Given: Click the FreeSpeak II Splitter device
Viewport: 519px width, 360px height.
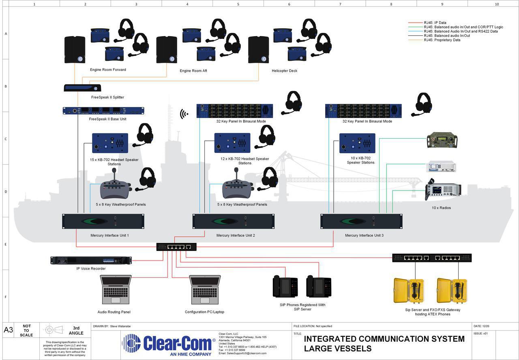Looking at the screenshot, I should [x=82, y=88].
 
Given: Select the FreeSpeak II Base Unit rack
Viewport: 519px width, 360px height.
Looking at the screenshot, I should [x=103, y=111].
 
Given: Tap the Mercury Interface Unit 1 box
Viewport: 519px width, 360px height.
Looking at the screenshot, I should [x=103, y=221].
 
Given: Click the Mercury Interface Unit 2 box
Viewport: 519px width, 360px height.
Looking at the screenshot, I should [x=233, y=221].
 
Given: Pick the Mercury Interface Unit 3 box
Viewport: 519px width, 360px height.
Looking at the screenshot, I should [x=361, y=221].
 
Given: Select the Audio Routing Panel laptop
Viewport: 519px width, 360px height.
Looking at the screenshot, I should [x=116, y=290].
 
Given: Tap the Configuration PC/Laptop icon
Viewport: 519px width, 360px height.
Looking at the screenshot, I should [x=206, y=290].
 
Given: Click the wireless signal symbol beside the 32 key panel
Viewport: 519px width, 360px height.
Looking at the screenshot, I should [x=184, y=114].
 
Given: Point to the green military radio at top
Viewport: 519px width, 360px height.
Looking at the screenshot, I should [x=442, y=140].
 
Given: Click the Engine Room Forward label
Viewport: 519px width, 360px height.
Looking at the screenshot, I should [x=108, y=70].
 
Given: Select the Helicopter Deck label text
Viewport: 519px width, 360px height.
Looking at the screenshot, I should [x=284, y=71].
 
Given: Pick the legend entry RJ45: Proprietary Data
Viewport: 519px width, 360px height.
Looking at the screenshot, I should [x=442, y=40].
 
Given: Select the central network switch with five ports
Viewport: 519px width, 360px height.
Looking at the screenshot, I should [x=176, y=246].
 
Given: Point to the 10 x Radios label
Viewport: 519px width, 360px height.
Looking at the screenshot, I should [x=441, y=208].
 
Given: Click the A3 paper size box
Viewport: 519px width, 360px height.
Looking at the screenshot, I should [x=9, y=330].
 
